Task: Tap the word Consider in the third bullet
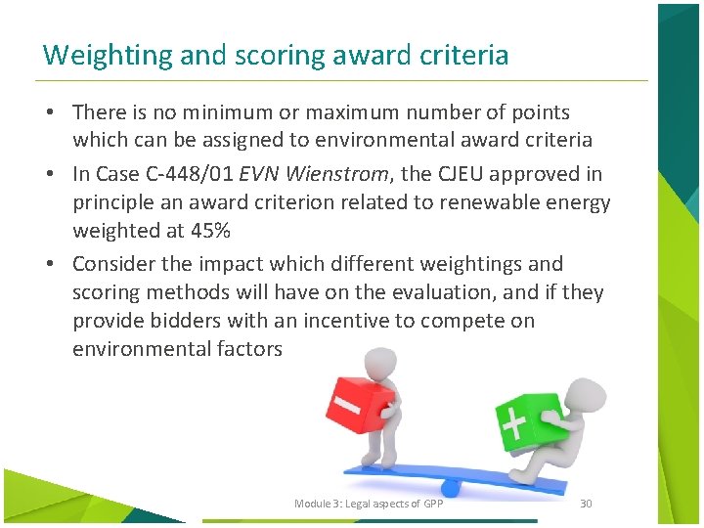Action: [x=116, y=264]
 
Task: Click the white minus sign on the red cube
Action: [x=347, y=403]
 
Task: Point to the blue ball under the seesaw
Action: [x=451, y=485]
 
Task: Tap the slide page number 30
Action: [x=587, y=504]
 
